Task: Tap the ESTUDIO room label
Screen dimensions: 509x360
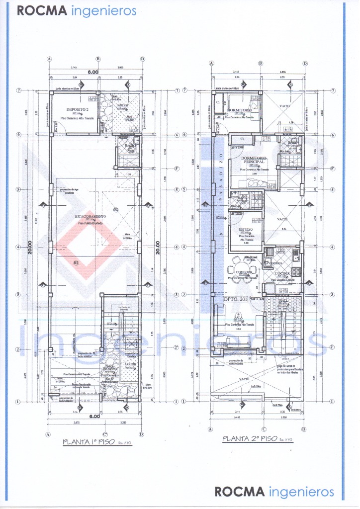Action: pos(247,229)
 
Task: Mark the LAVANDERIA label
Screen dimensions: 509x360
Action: pos(274,263)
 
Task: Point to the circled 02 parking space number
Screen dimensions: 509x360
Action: pos(115,209)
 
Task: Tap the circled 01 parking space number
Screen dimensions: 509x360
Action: pos(76,262)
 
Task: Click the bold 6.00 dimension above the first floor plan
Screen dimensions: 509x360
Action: pos(94,72)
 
